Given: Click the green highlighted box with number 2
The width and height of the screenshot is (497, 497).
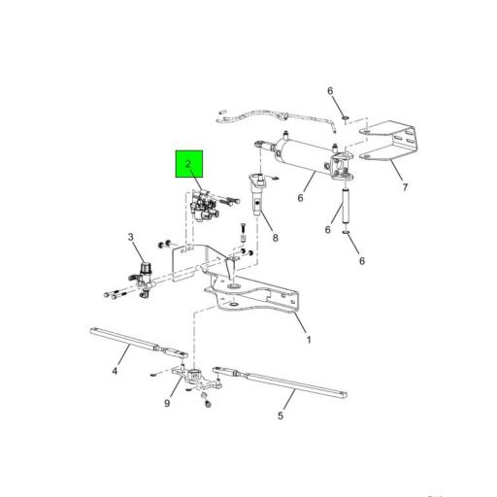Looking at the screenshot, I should [x=189, y=166].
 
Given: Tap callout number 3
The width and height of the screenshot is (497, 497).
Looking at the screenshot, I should [x=132, y=237].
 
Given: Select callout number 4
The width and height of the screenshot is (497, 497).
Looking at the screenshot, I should [x=115, y=370].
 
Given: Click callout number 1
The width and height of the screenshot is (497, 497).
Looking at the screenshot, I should [x=309, y=339].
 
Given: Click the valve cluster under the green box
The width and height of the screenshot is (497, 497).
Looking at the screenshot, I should [x=207, y=206].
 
